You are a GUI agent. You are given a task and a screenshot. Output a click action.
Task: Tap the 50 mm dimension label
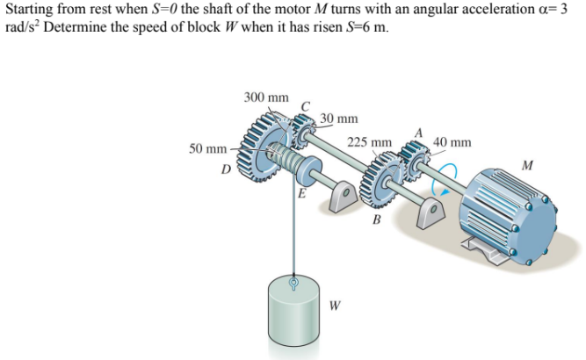[x=208, y=150]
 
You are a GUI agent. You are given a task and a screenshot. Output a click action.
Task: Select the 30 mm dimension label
[x=338, y=118]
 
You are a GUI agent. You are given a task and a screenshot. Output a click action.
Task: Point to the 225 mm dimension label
[x=369, y=141]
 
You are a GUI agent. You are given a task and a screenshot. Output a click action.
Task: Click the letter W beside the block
[x=335, y=306]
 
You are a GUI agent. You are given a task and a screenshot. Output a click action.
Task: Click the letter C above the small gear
[x=305, y=107]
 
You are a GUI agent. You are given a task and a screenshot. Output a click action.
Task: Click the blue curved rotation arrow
[x=450, y=176]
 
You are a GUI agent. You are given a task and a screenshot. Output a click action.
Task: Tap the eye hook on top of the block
[x=295, y=282]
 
